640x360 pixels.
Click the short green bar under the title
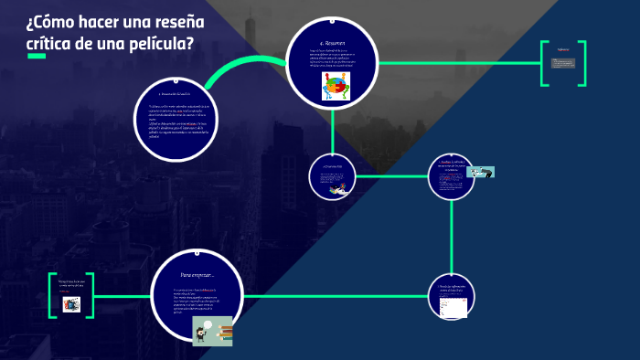click(36, 58)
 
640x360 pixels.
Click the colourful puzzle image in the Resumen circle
click(336, 87)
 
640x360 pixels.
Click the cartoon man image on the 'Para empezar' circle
click(211, 331)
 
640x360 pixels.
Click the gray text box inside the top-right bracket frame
click(563, 63)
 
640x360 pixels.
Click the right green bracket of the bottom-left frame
click(90, 295)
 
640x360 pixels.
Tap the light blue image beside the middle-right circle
click(480, 171)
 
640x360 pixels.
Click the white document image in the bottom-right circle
click(453, 306)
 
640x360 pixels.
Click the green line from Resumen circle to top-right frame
click(457, 63)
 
